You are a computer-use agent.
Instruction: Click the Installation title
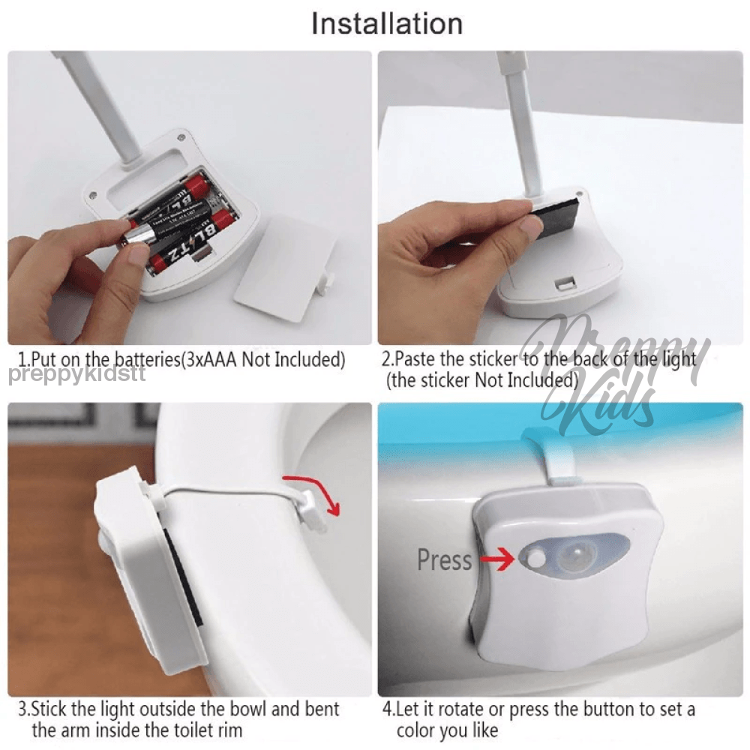(387, 23)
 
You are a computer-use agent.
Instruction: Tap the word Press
(444, 559)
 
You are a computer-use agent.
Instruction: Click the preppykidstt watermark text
(77, 374)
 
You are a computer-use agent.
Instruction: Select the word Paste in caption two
(414, 358)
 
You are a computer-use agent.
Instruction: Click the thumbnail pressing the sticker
(530, 225)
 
